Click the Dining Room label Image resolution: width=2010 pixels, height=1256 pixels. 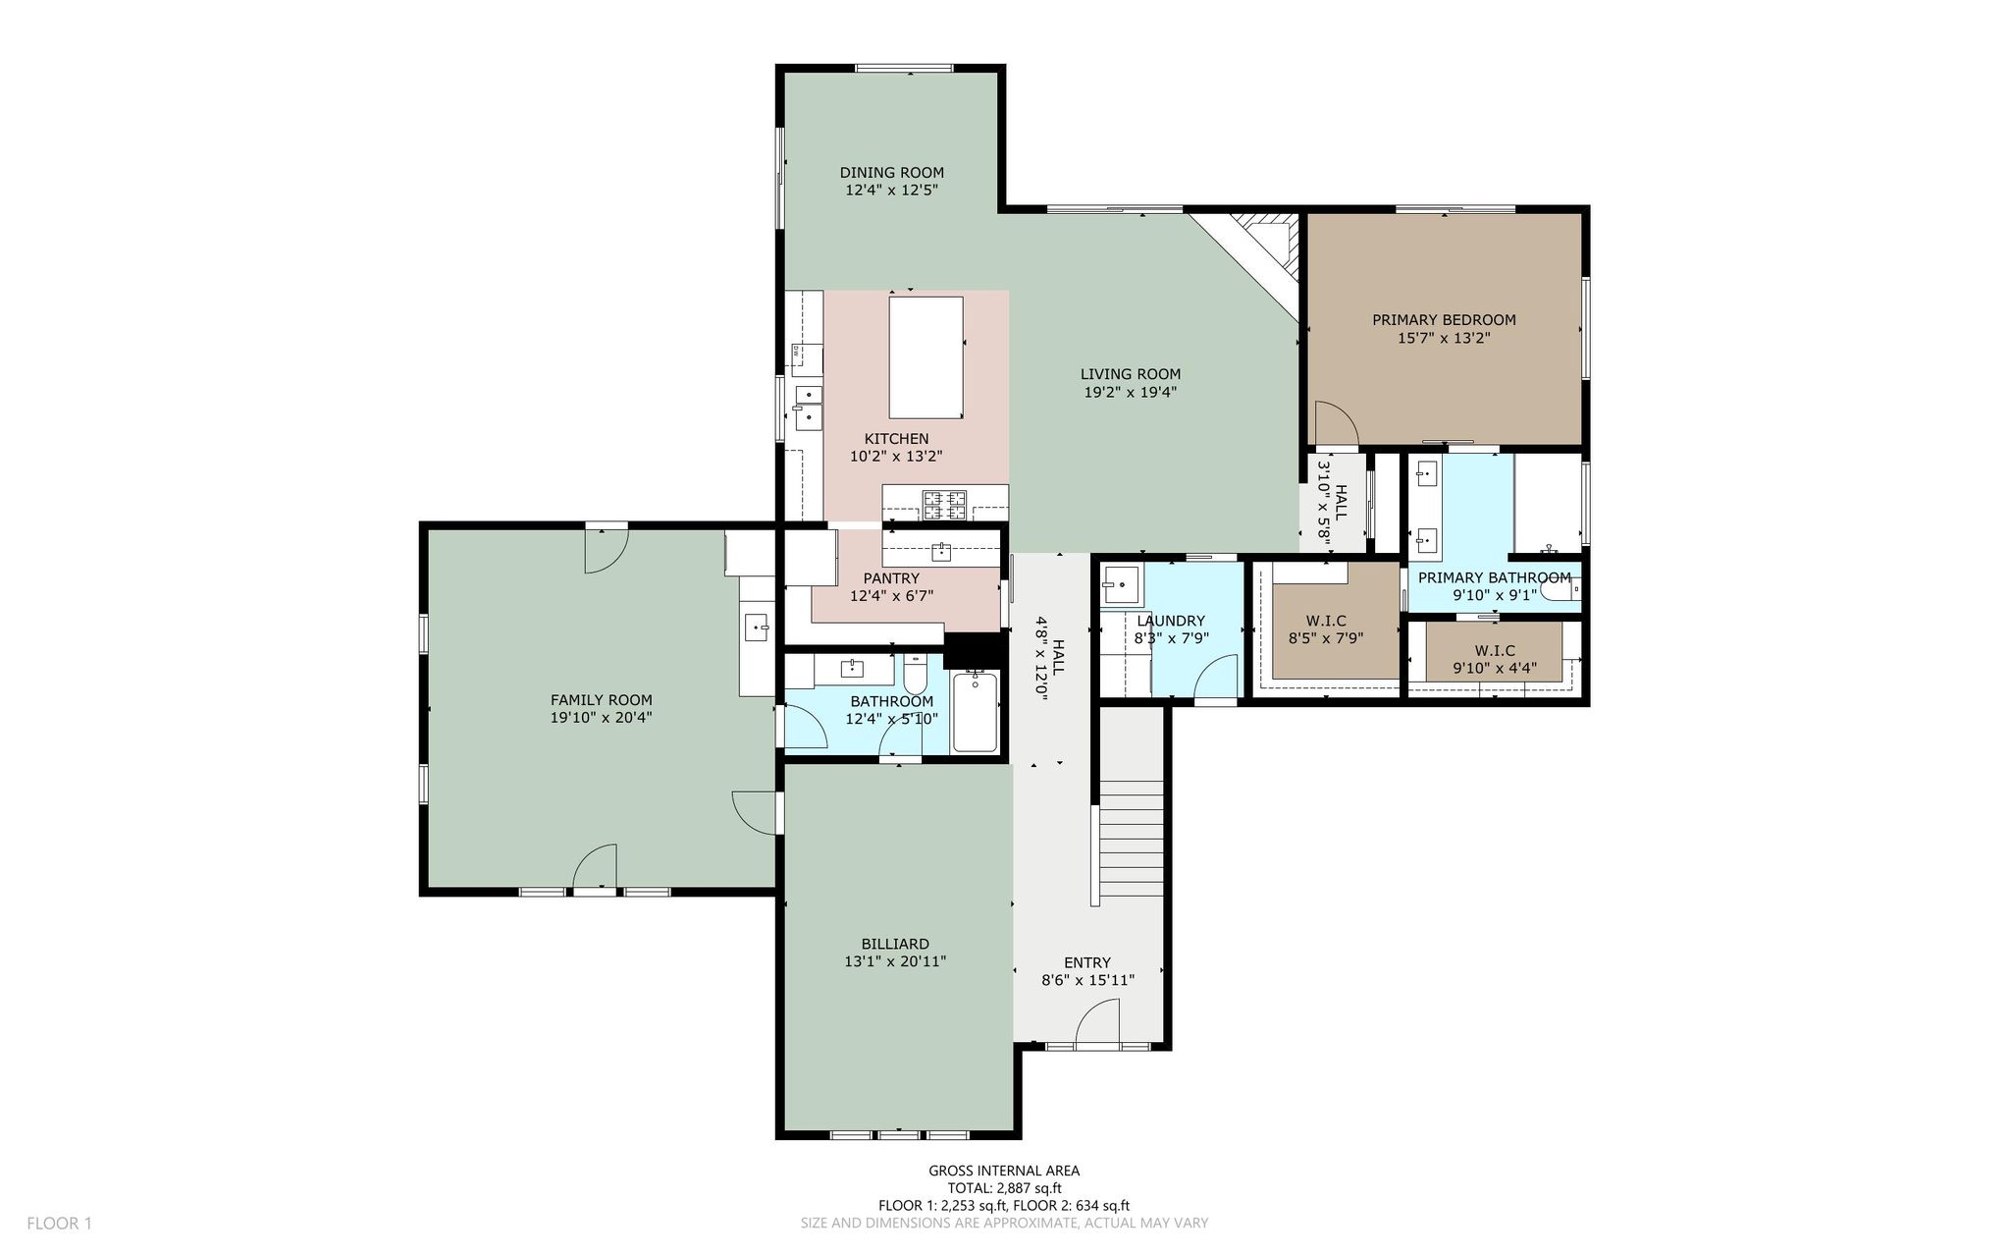pos(891,173)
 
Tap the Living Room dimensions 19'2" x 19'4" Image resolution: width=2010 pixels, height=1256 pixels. pos(1130,392)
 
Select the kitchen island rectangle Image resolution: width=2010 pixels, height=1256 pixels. pos(926,357)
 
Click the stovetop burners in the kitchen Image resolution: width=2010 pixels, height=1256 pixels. pos(945,505)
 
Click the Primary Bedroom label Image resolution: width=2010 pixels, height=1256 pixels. pos(1444,320)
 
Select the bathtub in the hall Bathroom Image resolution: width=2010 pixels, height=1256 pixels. pos(975,712)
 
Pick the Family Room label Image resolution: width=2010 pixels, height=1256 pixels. pos(601,700)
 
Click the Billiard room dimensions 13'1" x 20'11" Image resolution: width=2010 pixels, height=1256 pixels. pos(895,961)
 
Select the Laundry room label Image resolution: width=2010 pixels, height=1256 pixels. pos(1171,621)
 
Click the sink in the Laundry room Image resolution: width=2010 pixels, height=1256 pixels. pos(1122,586)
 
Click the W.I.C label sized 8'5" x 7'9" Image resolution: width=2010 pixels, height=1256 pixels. pos(1326,629)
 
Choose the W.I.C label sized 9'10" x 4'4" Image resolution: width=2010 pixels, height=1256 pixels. pos(1495,660)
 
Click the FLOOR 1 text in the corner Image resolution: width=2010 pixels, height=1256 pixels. pos(59,1224)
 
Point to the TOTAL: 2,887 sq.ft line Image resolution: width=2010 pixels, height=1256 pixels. pos(1004,1188)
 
